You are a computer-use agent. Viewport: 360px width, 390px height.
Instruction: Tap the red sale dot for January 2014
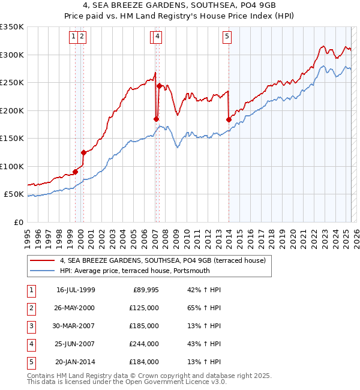coord(229,119)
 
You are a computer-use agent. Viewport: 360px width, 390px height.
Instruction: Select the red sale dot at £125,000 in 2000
coord(83,152)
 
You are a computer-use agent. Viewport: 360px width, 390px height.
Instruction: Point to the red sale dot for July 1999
coord(75,172)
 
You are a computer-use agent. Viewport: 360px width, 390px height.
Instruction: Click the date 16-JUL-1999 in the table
coord(76,290)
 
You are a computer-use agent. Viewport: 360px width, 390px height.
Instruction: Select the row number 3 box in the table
coord(30,326)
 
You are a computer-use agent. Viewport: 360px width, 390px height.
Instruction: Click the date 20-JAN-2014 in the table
coord(75,362)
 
